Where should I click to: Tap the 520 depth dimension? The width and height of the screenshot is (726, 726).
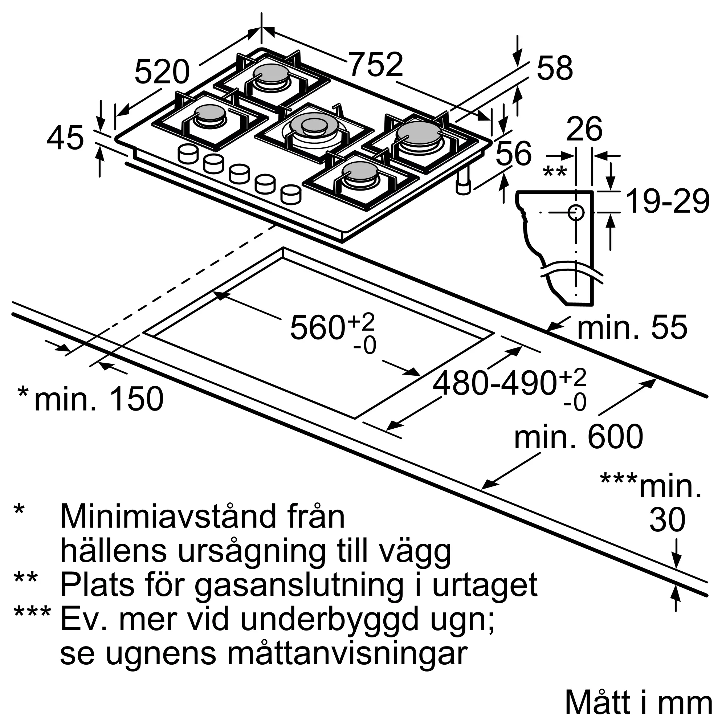162,73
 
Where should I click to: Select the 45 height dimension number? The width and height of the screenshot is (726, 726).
65,138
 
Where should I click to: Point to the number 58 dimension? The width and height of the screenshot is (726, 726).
555,68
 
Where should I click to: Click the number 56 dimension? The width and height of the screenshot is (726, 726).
513,153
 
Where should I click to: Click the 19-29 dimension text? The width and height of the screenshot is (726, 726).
668,202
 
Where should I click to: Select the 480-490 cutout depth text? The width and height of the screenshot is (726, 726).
494,384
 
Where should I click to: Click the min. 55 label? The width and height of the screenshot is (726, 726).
632,328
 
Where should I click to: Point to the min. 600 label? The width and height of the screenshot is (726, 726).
578,437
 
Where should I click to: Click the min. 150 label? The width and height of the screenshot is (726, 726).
99,399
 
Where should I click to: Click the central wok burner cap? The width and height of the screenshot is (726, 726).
314,124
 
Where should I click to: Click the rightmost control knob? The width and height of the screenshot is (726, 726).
291,194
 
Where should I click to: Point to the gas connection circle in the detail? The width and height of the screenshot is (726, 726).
575,213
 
